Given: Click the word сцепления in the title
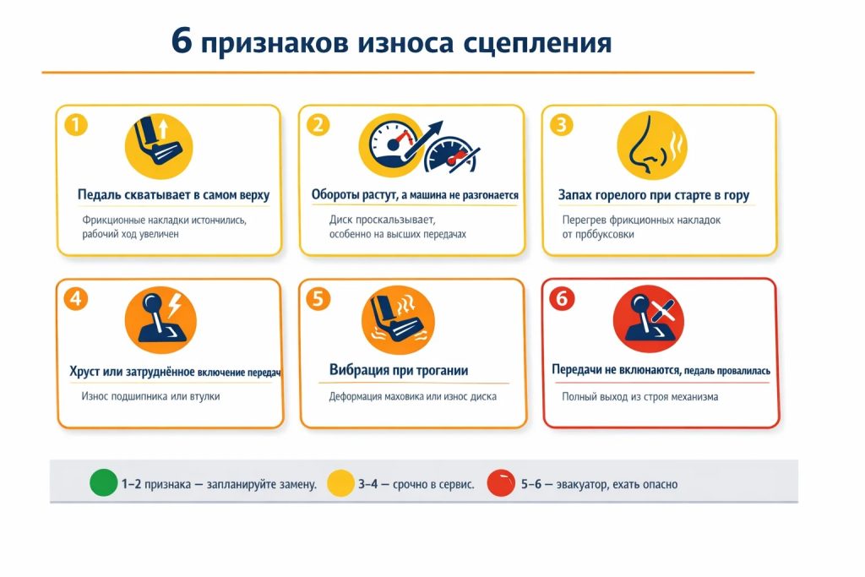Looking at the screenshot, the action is tap(537, 42).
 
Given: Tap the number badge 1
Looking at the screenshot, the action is tap(76, 125).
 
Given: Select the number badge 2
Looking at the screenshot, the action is tap(318, 125).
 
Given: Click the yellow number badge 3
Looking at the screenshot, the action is tap(562, 125).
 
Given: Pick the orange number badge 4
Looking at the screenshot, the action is tap(76, 299).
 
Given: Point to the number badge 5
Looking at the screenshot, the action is tap(318, 299).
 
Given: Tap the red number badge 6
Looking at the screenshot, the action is tap(562, 299).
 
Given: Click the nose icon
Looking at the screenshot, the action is tap(652, 145).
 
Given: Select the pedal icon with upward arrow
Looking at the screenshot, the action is tap(159, 146).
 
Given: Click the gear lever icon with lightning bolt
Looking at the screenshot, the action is tap(160, 320).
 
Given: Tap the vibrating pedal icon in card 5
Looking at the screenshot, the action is tap(398, 320).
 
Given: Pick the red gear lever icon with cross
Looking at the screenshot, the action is tap(649, 319).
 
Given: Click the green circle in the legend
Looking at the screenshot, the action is tap(104, 482).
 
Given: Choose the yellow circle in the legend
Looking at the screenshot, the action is tap(340, 483).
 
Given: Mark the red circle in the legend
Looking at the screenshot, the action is tap(501, 482).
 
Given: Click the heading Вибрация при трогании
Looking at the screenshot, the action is tap(399, 370).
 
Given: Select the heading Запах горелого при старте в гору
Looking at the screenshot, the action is tap(654, 195).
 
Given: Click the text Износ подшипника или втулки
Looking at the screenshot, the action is tap(150, 396).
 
